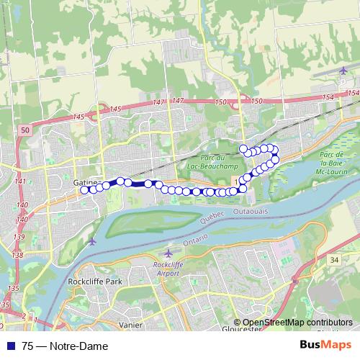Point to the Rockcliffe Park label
(x=91, y=282)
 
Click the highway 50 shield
(x=25, y=130)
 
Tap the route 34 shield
(x=333, y=258)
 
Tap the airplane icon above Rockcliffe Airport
(x=168, y=253)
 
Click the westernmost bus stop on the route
(x=85, y=189)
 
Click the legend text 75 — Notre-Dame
(x=65, y=346)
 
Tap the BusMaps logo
(x=326, y=346)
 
